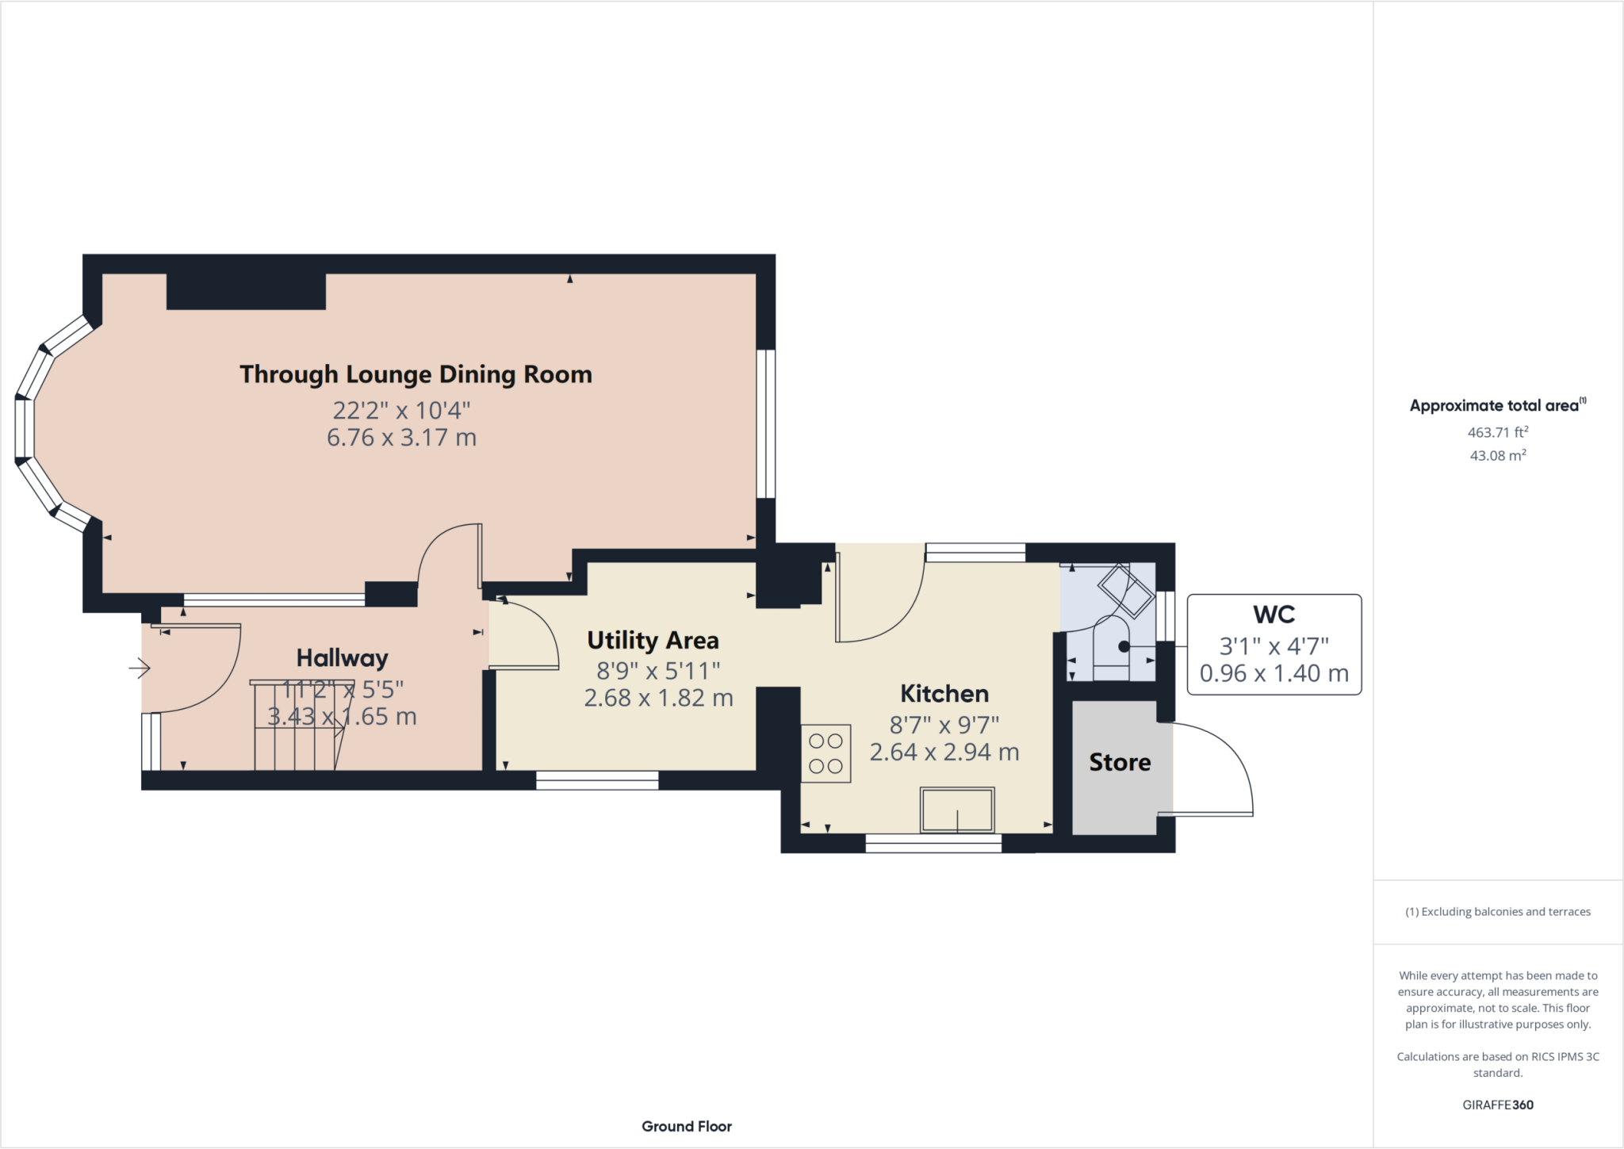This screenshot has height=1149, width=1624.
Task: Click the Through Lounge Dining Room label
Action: pos(416,374)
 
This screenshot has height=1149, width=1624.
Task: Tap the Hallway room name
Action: pos(342,658)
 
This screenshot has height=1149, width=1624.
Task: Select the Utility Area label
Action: pos(653,640)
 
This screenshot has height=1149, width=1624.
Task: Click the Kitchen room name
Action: pos(944,694)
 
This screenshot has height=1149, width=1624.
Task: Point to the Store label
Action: pos(1120,762)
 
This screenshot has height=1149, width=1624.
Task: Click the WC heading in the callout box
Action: pos(1274,615)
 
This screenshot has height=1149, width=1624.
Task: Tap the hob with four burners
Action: pos(825,753)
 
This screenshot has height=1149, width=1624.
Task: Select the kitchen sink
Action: pos(957,810)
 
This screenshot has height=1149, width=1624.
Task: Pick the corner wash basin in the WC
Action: pos(1126,591)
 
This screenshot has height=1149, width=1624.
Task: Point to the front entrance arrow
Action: pos(140,668)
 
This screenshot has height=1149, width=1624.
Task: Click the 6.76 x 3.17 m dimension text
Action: pos(401,438)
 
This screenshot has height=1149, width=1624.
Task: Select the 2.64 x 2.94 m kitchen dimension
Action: pos(944,753)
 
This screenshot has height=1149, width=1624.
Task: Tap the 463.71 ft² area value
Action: pos(1498,432)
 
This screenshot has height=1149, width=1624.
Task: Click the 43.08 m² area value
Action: pos(1498,455)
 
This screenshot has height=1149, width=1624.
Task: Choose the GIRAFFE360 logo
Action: pos(1498,1105)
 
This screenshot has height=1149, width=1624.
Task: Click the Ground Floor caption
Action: pos(687,1126)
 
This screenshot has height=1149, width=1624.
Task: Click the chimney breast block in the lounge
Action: pos(246,291)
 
